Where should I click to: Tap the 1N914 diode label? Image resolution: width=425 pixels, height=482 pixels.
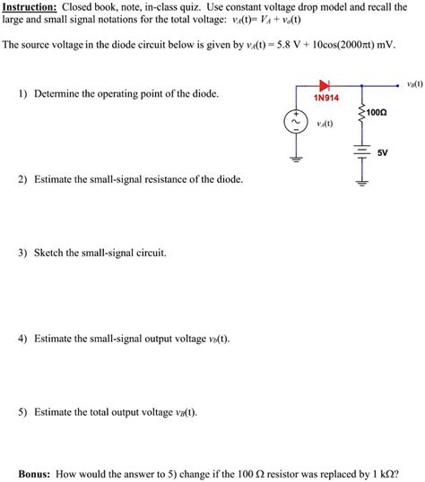click(325, 98)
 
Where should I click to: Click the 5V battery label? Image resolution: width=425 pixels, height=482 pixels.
click(382, 152)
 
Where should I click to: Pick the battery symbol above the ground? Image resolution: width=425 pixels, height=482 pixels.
click(361, 152)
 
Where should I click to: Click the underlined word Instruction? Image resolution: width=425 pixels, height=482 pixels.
click(30, 6)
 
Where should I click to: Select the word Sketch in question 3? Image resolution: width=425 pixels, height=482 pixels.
click(50, 254)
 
